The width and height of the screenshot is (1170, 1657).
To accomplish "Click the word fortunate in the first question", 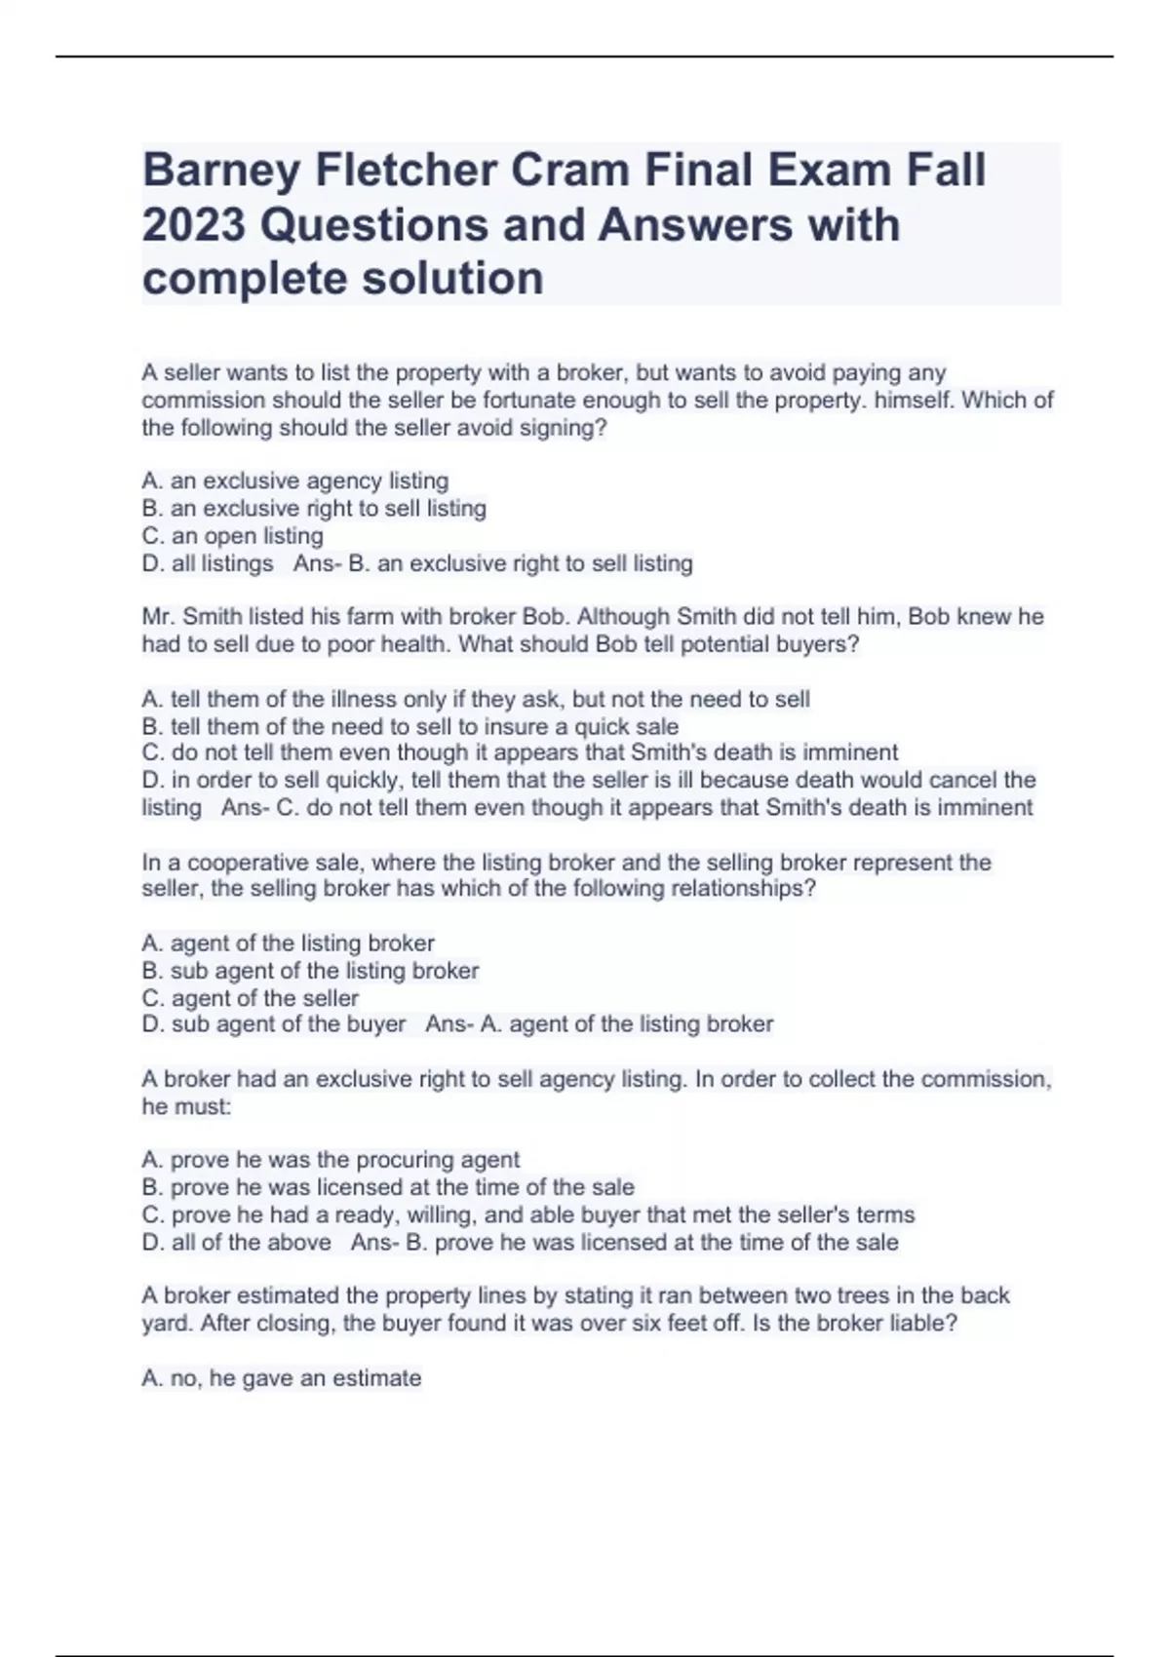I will [530, 401].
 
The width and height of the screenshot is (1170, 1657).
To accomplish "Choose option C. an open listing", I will [232, 536].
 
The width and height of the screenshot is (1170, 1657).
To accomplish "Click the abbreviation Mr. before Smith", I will [159, 617].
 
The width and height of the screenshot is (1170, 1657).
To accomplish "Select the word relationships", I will [736, 889].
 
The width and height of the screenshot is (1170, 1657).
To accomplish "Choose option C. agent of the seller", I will [251, 998].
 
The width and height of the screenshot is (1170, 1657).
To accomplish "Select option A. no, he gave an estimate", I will [282, 1378].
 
